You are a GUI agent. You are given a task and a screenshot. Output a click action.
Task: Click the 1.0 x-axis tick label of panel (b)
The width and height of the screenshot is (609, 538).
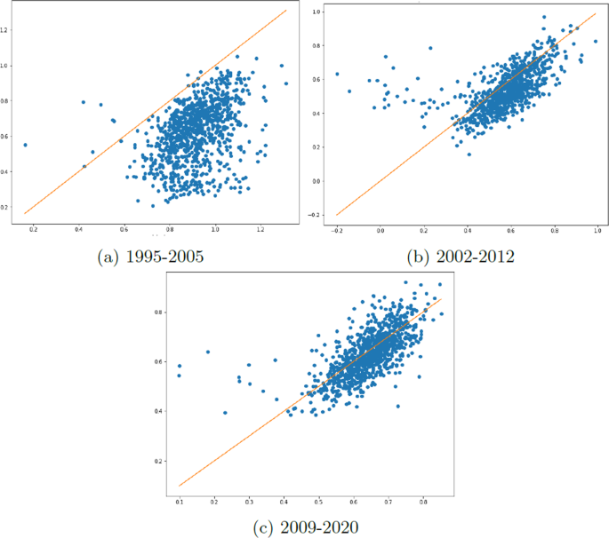(x=597, y=231)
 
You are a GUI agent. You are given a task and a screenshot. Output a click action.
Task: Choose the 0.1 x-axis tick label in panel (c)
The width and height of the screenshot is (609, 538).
(x=180, y=502)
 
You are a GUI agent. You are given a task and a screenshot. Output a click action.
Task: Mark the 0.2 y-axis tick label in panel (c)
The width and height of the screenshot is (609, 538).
(x=158, y=462)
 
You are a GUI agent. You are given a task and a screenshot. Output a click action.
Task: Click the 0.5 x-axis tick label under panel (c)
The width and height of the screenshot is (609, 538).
(x=318, y=502)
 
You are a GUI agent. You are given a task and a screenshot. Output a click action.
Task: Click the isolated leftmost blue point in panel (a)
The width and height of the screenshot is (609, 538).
(x=25, y=145)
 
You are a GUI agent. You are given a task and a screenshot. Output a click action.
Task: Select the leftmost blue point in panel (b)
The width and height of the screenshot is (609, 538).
(x=337, y=75)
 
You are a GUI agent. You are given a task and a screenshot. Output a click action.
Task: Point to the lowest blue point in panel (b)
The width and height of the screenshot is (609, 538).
(x=469, y=154)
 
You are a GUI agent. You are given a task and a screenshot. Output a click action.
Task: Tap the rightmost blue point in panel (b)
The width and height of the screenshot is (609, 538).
(x=596, y=41)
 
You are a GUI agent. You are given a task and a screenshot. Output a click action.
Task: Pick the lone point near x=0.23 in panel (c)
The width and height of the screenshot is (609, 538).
(x=225, y=413)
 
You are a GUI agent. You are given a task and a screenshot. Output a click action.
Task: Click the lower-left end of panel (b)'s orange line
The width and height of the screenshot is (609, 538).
(x=338, y=215)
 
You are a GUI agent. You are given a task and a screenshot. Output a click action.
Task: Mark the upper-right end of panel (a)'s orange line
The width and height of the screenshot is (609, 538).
(x=285, y=11)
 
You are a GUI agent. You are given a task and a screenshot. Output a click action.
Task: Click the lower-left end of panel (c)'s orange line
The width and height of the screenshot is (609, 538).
(x=180, y=486)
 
